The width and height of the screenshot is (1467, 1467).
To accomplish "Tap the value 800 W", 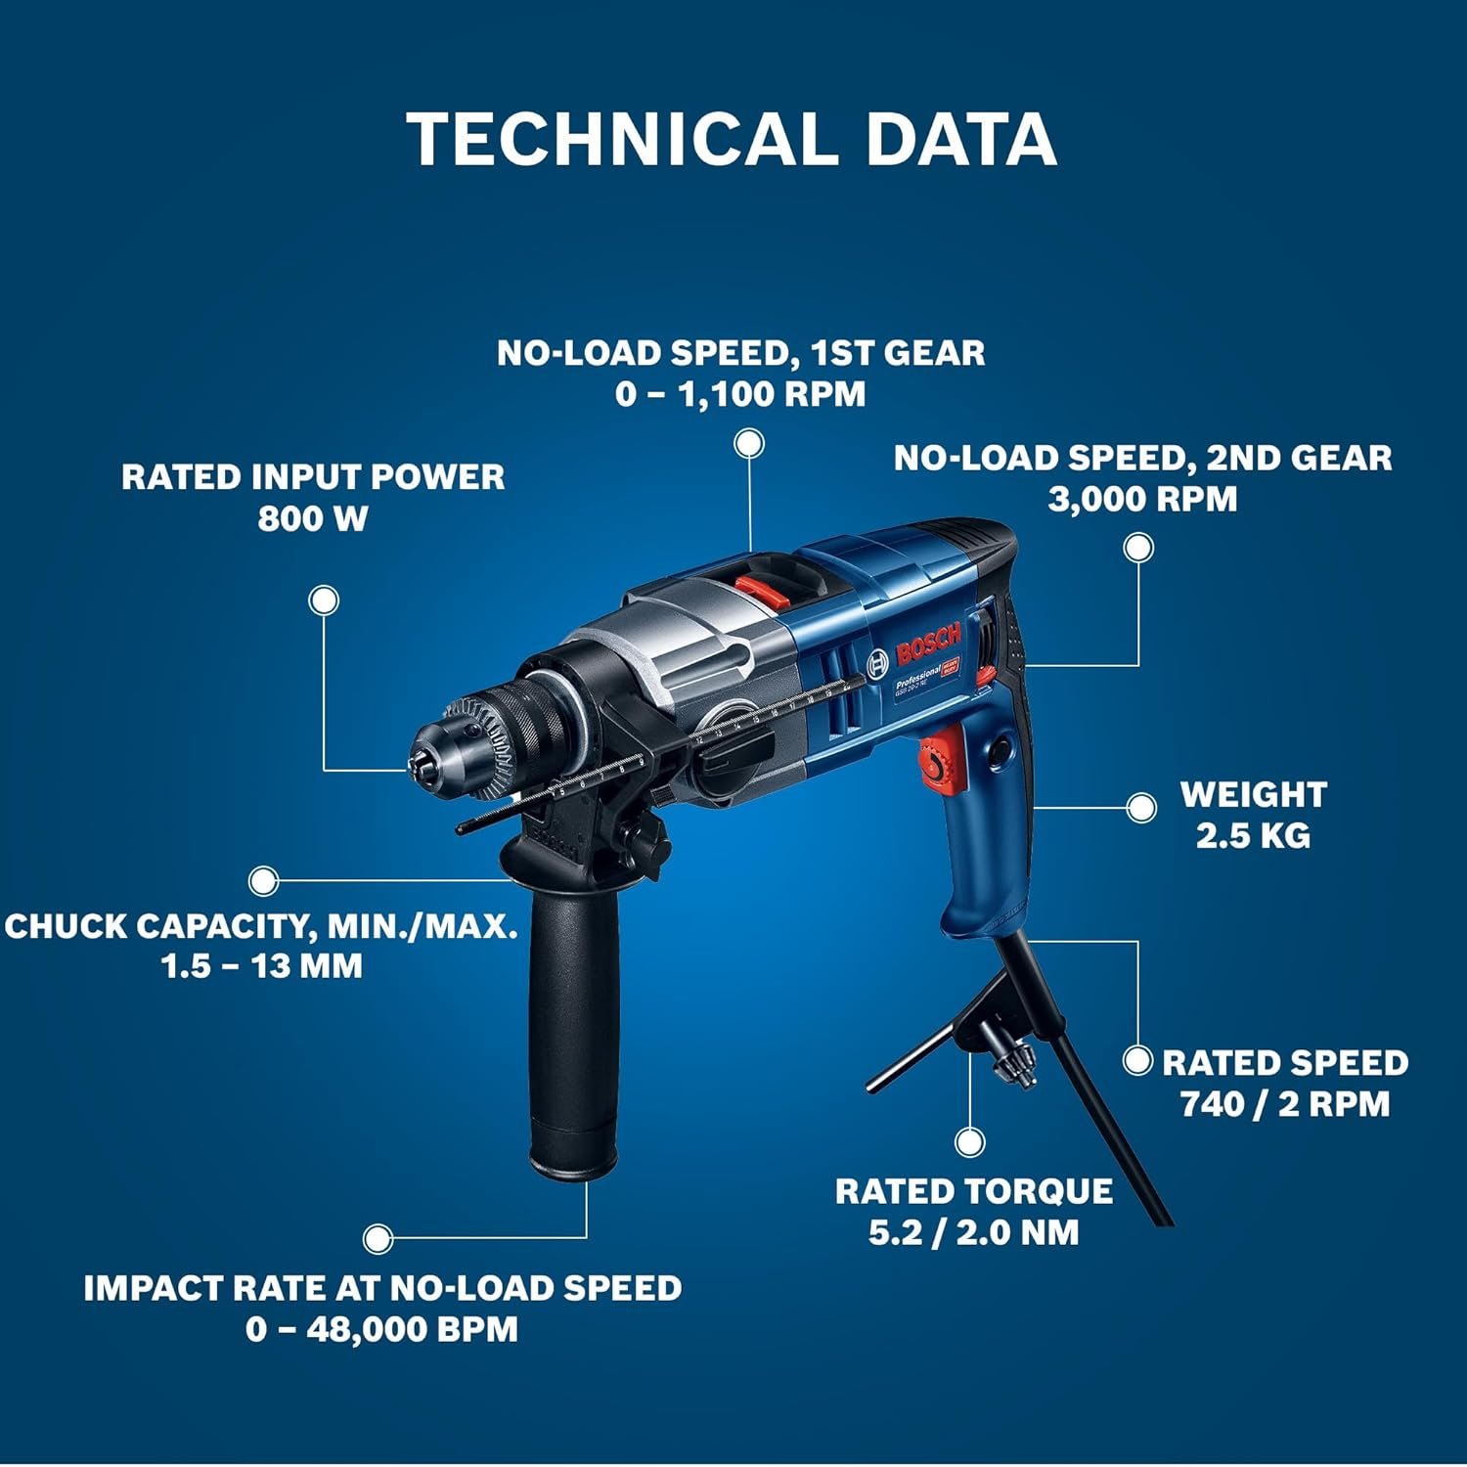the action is coord(313,518).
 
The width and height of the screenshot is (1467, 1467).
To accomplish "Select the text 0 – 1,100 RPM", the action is coord(740,394).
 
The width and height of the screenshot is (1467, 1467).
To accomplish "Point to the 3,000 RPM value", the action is coord(1142,499).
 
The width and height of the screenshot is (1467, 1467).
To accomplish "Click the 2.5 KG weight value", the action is coord(1253,835).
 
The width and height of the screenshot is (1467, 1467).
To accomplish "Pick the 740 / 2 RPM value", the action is coord(1285,1104).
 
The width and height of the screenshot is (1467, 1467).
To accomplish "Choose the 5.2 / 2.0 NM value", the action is coord(973,1232).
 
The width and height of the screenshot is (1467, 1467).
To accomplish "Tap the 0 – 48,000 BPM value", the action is coord(381,1330).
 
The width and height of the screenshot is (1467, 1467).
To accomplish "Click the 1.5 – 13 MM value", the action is coord(261,966).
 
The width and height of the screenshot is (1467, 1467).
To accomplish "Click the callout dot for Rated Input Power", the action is coord(324,600).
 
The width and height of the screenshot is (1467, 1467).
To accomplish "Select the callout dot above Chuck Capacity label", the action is coord(263,881).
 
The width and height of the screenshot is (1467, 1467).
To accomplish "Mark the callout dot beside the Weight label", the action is coord(1140,808).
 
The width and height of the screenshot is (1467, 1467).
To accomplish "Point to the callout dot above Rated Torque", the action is coord(969,1141).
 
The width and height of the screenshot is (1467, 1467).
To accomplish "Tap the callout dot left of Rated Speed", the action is coord(1137,1061).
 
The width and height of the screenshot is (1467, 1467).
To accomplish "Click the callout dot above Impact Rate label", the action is coord(378,1238).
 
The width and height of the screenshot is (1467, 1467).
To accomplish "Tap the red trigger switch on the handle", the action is coord(940,757).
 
